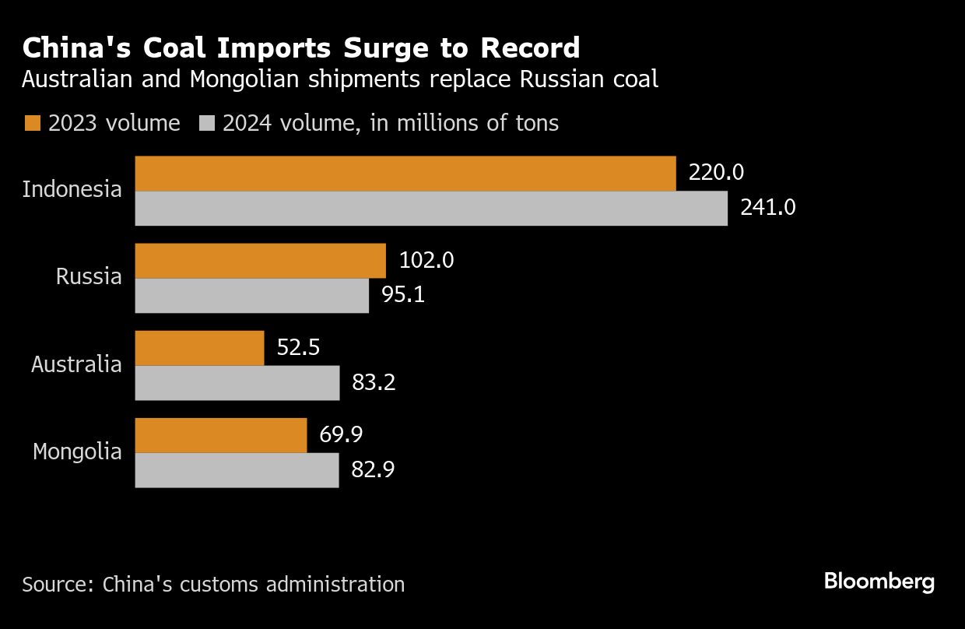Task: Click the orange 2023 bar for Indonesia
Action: [405, 174]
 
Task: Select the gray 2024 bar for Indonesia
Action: [431, 209]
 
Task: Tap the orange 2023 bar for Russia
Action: [260, 261]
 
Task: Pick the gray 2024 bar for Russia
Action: [251, 296]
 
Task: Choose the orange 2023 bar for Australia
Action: [199, 348]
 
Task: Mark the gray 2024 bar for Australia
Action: [237, 383]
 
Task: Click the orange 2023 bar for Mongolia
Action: [221, 435]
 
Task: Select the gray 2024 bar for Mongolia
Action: [237, 470]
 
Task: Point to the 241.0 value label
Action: [768, 208]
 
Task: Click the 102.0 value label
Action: [426, 260]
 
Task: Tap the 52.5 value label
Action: [299, 347]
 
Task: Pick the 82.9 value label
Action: [374, 470]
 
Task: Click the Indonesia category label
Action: [72, 189]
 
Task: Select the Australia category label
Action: [76, 364]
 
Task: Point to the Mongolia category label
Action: [77, 452]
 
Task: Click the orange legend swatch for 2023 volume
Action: [33, 123]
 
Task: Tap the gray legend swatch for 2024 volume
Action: [207, 123]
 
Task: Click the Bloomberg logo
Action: [879, 582]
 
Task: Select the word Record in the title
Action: [530, 48]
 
